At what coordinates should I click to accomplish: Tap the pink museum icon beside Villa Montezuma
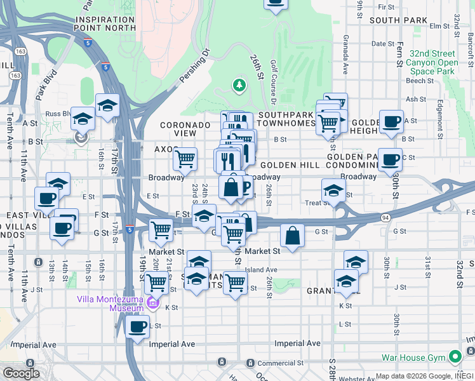click(152, 303)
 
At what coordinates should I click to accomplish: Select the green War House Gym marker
click(454, 358)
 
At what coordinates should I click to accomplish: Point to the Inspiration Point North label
click(105, 23)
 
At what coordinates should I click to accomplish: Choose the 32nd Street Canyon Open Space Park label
click(434, 63)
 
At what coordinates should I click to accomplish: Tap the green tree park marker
click(239, 84)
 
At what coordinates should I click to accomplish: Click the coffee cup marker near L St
click(137, 327)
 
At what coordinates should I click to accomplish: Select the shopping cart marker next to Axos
click(185, 159)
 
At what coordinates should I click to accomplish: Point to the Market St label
click(262, 251)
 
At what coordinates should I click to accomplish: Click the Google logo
click(21, 373)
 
